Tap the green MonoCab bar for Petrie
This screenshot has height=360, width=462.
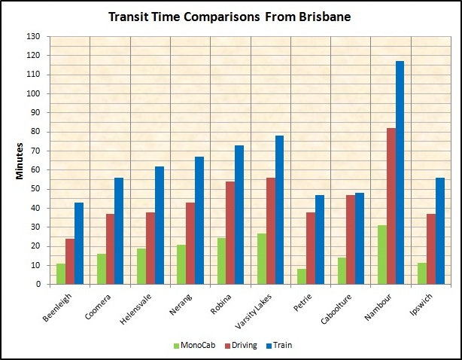pos(302,276)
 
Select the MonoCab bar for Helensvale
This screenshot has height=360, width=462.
pos(141,267)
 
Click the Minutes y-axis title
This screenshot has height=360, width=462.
pos(20,160)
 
